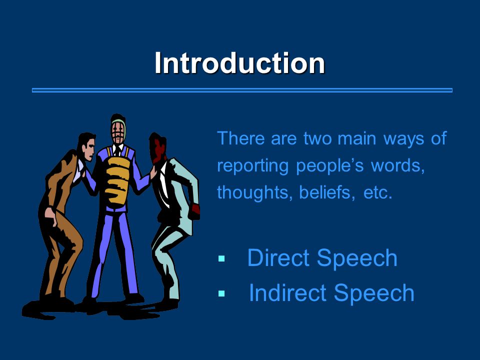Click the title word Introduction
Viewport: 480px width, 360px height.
coord(239,63)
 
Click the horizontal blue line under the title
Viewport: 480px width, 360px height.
coord(242,90)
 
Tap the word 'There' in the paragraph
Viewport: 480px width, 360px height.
coord(240,138)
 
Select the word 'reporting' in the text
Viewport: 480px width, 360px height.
coord(253,166)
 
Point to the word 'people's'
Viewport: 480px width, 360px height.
coord(329,166)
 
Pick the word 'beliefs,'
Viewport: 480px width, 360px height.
coord(327,192)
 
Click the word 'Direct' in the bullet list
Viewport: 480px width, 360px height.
coord(278,258)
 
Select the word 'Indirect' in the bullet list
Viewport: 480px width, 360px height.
coord(288,292)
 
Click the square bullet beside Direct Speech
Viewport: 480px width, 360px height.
coord(221,259)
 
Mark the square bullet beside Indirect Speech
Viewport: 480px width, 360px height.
coord(221,293)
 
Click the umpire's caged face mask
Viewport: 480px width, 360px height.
coord(118,131)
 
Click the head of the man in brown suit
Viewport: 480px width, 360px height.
coord(86,146)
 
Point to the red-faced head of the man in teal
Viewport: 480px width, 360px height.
coord(158,147)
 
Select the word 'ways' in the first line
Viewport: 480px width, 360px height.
coord(404,138)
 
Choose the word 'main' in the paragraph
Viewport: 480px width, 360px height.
coord(356,138)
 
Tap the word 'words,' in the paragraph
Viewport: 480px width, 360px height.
coord(397,165)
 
